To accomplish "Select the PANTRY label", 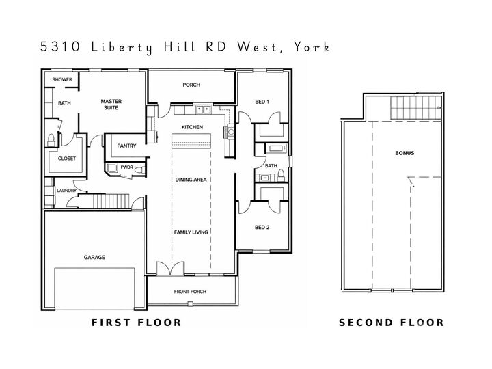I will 126,146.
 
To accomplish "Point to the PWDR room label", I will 126,167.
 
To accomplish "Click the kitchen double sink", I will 202,109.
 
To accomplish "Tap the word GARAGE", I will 95,258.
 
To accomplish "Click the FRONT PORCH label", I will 190,292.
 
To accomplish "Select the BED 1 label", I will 262,102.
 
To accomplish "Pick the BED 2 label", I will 262,228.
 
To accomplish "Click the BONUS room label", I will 405,153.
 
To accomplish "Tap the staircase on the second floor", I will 413,107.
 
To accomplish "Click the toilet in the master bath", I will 51,140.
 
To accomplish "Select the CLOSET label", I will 66,159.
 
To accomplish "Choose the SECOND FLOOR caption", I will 392,323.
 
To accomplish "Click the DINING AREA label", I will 191,180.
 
